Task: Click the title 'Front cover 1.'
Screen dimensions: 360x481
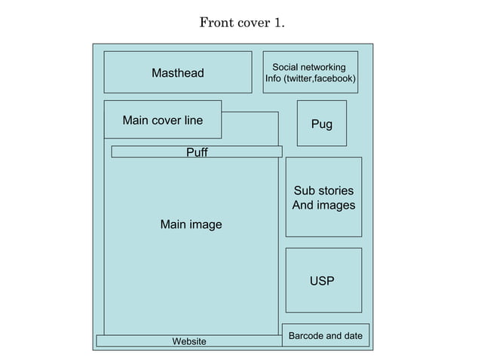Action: click(x=241, y=23)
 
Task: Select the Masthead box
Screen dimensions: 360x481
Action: click(x=177, y=72)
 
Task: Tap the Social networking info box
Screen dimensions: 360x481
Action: click(x=310, y=72)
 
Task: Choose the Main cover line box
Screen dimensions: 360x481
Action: click(x=162, y=120)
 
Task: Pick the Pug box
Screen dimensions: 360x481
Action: click(x=321, y=124)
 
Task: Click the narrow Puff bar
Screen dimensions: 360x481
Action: click(x=196, y=152)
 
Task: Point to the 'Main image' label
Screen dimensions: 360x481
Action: click(x=191, y=224)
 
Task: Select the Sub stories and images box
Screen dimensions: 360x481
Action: click(x=323, y=197)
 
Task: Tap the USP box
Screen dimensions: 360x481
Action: click(x=323, y=281)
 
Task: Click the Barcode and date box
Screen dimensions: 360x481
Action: click(x=325, y=335)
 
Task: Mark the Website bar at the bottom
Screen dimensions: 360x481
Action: click(x=188, y=341)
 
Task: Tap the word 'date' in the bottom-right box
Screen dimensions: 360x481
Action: click(x=351, y=335)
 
